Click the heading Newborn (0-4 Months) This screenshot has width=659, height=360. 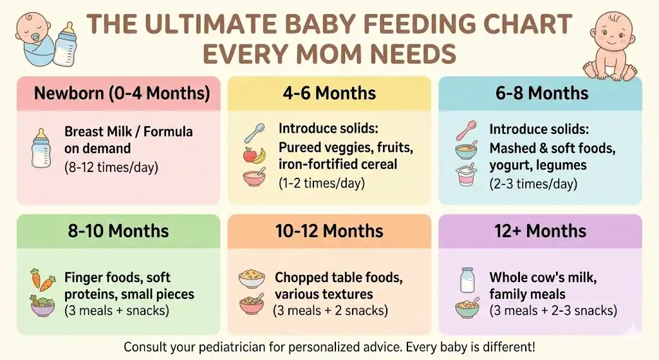[122, 93]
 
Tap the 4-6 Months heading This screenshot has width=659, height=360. [329, 93]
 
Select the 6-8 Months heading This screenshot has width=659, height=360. [541, 93]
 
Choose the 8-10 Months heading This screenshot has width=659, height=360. [118, 231]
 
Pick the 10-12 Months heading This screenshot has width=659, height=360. [329, 231]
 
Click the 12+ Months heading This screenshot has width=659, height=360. [540, 231]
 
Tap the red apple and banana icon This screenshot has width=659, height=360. [253, 155]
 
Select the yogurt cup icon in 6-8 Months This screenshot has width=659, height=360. [465, 175]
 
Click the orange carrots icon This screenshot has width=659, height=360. [42, 279]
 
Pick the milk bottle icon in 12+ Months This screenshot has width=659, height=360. [467, 280]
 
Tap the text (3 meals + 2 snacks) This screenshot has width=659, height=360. [330, 311]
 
